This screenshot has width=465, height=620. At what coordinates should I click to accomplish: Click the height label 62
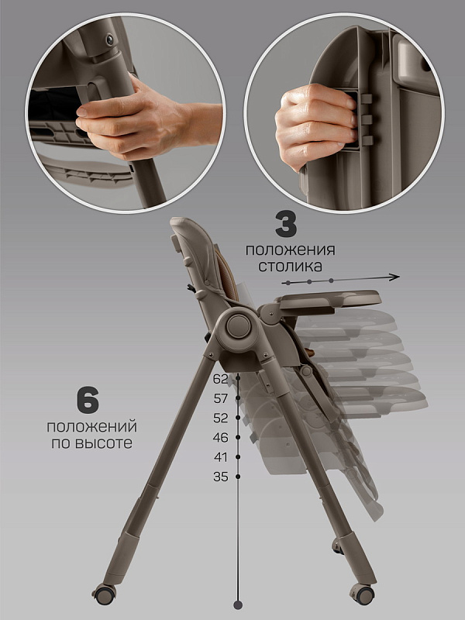pyautogui.click(x=221, y=379)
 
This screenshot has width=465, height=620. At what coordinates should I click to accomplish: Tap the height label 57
pyautogui.click(x=221, y=398)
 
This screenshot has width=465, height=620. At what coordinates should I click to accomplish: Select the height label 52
pyautogui.click(x=221, y=418)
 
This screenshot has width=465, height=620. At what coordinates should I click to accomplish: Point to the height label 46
pyautogui.click(x=221, y=437)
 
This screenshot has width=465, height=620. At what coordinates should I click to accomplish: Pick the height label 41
pyautogui.click(x=221, y=457)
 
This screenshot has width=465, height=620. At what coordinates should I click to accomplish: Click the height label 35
pyautogui.click(x=221, y=477)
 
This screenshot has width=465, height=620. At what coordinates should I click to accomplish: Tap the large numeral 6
pyautogui.click(x=88, y=401)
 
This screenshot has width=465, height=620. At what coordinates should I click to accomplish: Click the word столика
pyautogui.click(x=290, y=266)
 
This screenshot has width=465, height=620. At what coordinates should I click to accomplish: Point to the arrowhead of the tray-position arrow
pyautogui.click(x=394, y=277)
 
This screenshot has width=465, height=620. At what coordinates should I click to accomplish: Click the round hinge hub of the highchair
pyautogui.click(x=239, y=325)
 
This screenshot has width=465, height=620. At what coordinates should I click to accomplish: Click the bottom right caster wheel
pyautogui.click(x=363, y=594)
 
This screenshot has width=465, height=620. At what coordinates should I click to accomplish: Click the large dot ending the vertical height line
pyautogui.click(x=238, y=604)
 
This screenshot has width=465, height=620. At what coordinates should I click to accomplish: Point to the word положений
pyautogui.click(x=91, y=427)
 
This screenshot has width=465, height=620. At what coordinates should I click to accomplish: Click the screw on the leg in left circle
pyautogui.click(x=109, y=39)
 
